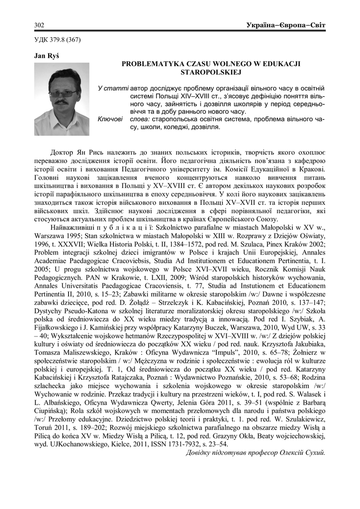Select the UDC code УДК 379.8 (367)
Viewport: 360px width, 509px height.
click(x=57, y=39)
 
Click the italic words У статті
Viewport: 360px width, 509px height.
click(x=113, y=88)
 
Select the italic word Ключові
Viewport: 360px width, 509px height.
click(x=110, y=119)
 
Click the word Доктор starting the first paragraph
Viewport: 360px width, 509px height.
click(x=63, y=152)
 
